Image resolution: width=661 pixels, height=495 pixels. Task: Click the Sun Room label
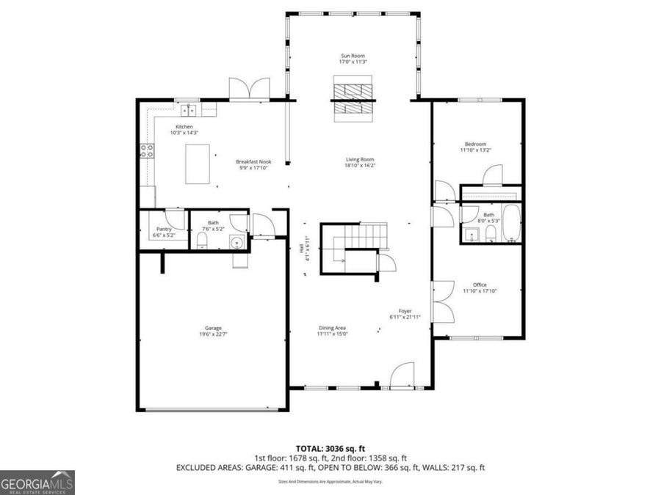(x=353, y=56)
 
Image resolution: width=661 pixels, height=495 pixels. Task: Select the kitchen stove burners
(x=147, y=151)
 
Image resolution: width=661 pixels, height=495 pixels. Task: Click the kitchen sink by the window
(x=189, y=111)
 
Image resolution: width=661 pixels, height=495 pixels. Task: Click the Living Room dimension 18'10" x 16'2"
(x=361, y=166)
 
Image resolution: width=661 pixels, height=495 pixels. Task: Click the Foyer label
(x=405, y=311)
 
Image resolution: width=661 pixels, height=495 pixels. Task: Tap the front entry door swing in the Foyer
(x=402, y=375)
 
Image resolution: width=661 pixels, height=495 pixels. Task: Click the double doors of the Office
(x=442, y=302)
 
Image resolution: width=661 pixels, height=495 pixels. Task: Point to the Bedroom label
(x=475, y=144)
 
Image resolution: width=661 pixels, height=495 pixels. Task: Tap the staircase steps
(x=366, y=236)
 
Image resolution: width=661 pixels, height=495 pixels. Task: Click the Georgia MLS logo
(x=37, y=483)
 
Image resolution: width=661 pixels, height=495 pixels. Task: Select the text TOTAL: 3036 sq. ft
(x=330, y=447)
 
